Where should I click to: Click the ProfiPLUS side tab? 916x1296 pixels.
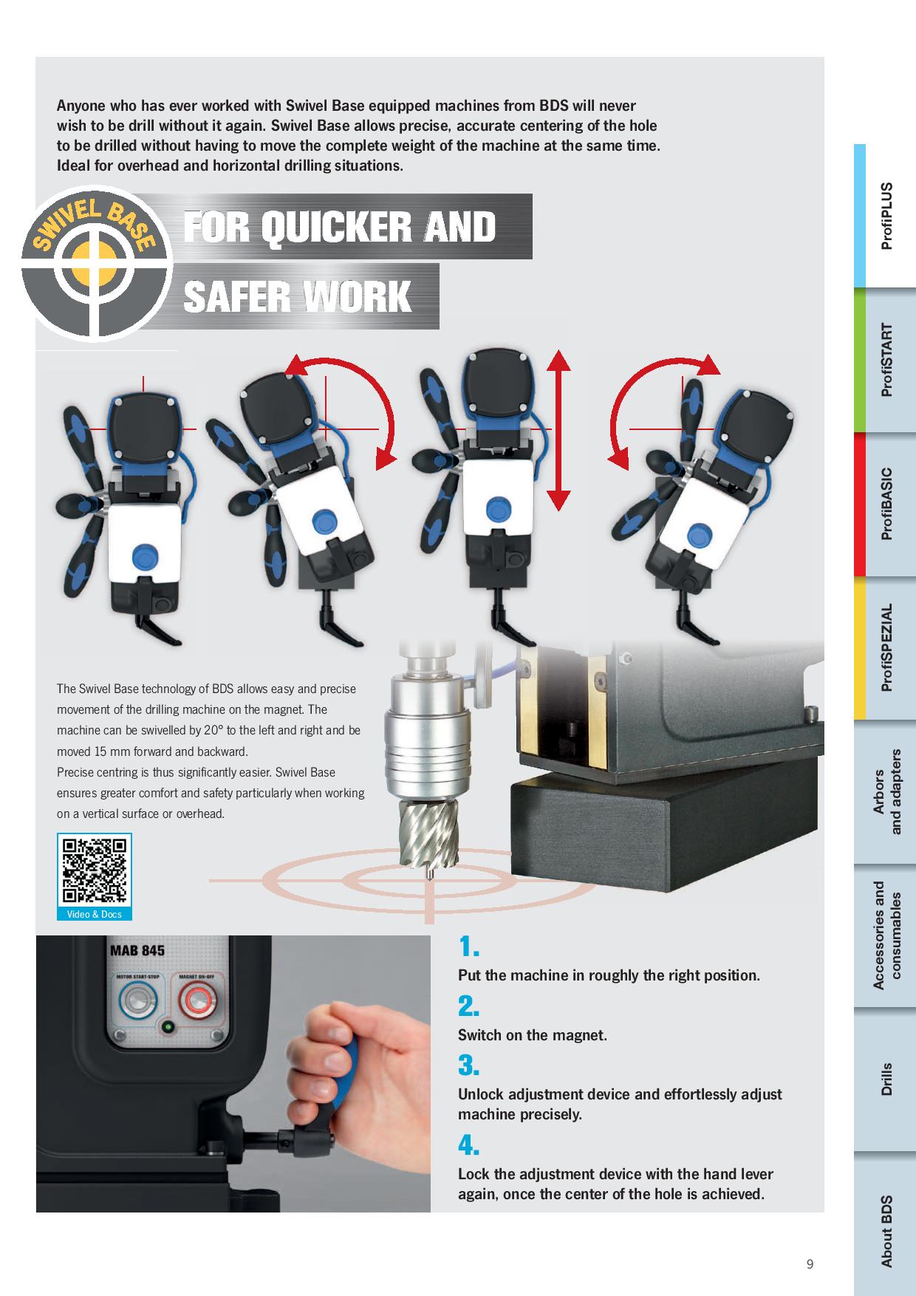coord(885,216)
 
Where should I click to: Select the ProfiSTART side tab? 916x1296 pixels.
coord(885,360)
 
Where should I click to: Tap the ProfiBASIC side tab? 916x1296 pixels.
coord(885,504)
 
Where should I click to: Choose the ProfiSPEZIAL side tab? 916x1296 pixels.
coord(885,648)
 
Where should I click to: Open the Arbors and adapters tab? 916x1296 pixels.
coord(885,792)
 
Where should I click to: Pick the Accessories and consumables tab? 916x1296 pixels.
coord(885,936)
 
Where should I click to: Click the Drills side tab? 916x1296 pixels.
coord(885,1080)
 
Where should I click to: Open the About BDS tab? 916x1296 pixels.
coord(885,1224)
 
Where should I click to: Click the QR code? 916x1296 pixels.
coord(94,870)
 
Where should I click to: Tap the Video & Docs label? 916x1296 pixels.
coord(94,914)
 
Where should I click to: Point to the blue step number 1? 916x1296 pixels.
coord(468,947)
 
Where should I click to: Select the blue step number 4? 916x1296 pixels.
coord(468,1145)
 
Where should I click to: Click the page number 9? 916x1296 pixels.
coord(810,1264)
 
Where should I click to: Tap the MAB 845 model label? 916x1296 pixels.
coord(137,951)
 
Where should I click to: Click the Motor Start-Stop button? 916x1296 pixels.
coord(133,1000)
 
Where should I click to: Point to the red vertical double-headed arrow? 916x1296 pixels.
coord(559,430)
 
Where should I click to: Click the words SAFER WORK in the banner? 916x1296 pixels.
coord(297,296)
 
